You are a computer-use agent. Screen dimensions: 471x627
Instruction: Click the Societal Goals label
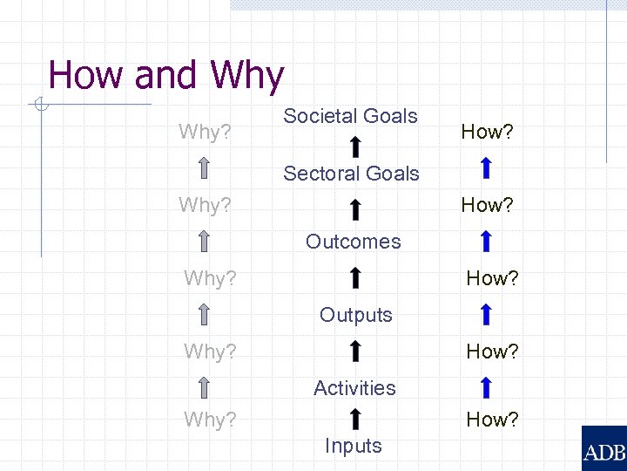click(350, 116)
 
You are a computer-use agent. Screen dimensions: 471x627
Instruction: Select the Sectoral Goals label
click(351, 174)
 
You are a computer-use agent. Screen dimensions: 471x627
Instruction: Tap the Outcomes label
click(353, 242)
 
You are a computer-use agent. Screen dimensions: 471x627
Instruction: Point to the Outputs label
click(355, 315)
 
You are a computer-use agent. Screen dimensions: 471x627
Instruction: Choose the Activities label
click(354, 387)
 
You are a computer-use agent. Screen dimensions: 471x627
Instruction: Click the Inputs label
click(353, 446)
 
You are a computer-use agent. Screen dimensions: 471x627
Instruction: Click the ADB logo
click(603, 448)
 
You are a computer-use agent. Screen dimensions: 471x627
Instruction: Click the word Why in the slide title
click(246, 76)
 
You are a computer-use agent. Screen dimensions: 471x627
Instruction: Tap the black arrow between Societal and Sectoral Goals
click(355, 147)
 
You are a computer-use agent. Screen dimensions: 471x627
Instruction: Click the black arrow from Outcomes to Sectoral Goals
click(355, 209)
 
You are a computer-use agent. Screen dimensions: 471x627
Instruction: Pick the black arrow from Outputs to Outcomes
click(355, 279)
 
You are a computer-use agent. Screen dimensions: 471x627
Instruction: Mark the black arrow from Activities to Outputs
click(355, 352)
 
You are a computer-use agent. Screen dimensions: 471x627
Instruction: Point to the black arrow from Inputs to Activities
click(355, 419)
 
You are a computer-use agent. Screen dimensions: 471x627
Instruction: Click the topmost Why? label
click(205, 132)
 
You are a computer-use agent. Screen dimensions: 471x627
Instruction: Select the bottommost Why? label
click(210, 420)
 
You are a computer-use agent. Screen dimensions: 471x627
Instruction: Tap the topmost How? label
click(487, 132)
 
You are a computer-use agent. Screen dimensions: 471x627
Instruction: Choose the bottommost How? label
click(492, 420)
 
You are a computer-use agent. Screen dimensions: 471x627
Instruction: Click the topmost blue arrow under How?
click(487, 167)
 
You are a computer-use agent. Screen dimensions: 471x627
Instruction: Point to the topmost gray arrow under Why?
click(204, 167)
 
